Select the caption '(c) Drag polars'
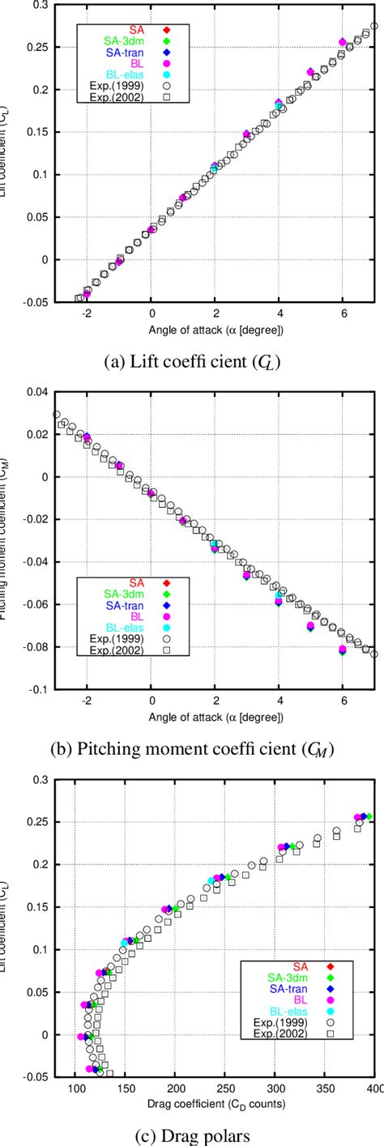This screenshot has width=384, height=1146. [x=192, y=1134]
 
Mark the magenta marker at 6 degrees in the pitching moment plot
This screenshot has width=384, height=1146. [x=343, y=649]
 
